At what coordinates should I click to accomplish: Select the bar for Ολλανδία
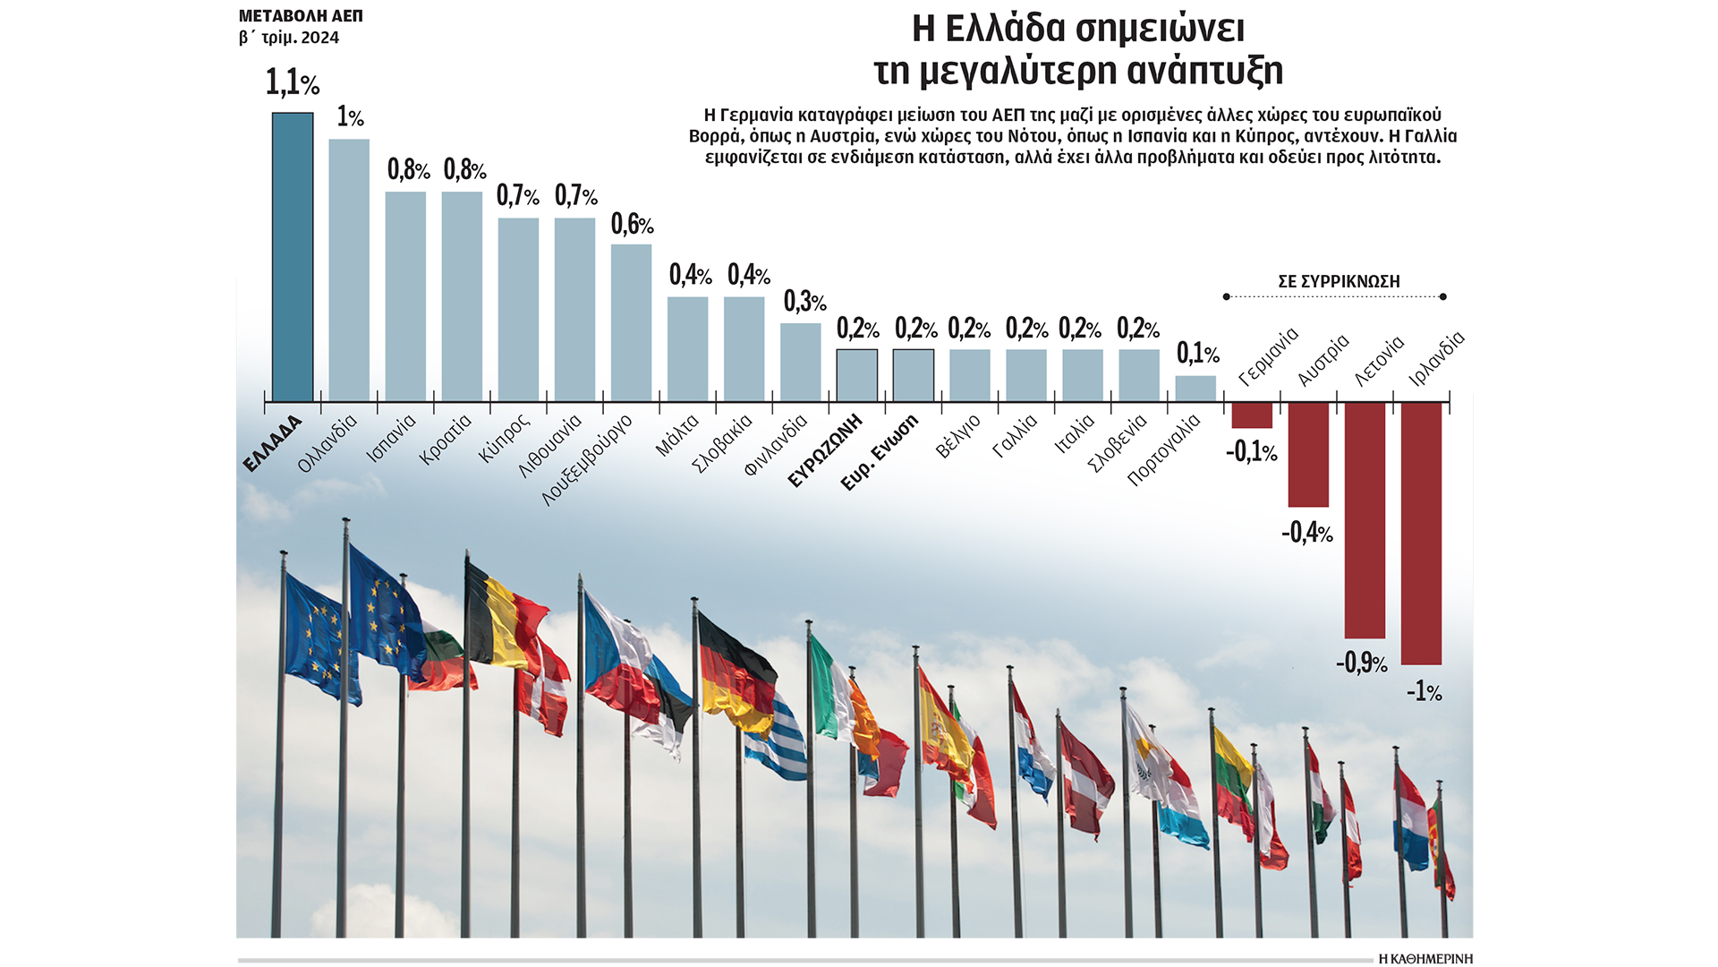pos(349,270)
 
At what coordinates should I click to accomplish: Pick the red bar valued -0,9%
pos(1365,519)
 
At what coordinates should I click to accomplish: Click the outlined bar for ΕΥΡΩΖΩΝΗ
pos(856,375)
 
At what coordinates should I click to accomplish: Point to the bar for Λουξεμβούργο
pos(631,322)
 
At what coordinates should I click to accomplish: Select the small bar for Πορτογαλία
pos(1195,389)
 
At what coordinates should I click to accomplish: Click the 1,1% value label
pos(293,83)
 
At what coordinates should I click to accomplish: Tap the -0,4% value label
pos(1307,533)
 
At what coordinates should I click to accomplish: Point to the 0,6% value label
pos(632,224)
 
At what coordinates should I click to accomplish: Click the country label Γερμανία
pos(1268,357)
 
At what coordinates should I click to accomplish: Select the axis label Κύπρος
pos(504,438)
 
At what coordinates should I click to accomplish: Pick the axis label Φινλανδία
pos(776,444)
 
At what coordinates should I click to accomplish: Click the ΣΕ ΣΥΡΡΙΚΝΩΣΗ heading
pos(1339,281)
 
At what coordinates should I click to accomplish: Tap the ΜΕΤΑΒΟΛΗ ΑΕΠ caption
pos(301,16)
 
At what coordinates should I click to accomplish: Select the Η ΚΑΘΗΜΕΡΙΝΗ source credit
pos(1425,959)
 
